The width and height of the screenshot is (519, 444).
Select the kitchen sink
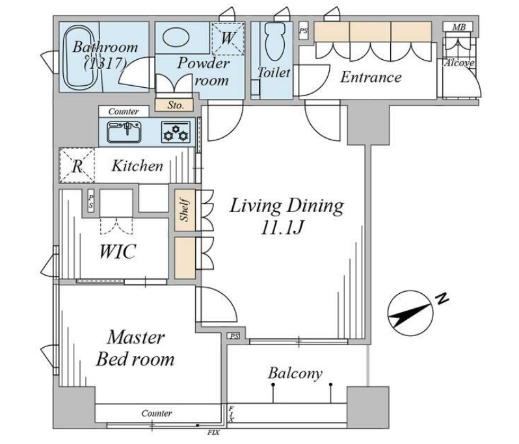(124, 132)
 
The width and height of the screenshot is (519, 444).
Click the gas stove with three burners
(176, 132)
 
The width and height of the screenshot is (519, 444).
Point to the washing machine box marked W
(228, 38)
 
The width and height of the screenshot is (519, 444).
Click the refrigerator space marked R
(77, 165)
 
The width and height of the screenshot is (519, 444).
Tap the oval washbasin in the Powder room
(176, 36)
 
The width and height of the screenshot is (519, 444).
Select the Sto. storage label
(175, 105)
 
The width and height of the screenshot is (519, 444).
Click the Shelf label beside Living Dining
(185, 210)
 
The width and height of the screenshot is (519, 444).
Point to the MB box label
(459, 27)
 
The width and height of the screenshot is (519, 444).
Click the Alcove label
(459, 63)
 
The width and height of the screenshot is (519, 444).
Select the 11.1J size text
(282, 228)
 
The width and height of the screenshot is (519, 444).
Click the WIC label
(118, 252)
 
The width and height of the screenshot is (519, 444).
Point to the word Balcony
(295, 374)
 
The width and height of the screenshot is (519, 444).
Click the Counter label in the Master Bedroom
(157, 413)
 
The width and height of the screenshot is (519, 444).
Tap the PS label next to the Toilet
(303, 31)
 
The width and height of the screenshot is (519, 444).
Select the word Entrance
(371, 77)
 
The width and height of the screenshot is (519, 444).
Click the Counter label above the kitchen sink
(124, 112)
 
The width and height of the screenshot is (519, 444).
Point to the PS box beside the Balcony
(234, 337)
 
